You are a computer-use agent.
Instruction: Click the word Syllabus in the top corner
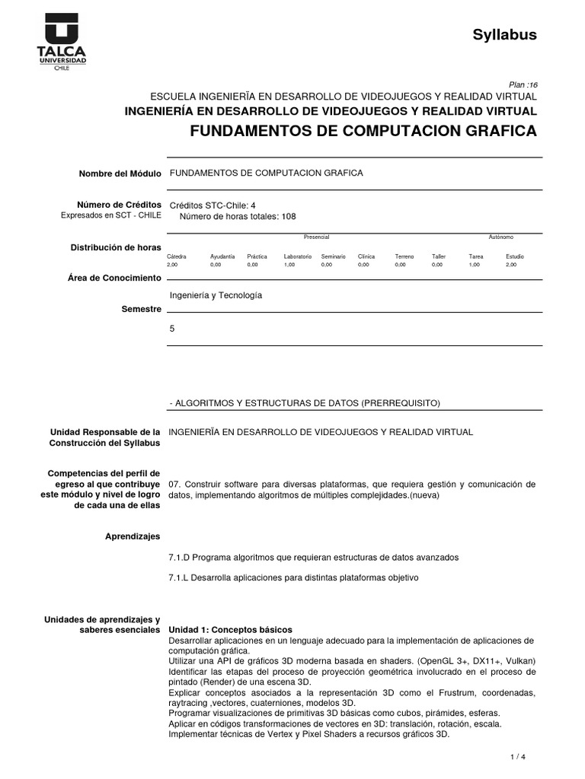click(x=505, y=34)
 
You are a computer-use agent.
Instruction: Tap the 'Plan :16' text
click(x=523, y=85)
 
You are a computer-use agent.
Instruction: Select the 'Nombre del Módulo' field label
click(x=120, y=174)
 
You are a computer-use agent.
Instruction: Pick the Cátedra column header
click(x=176, y=256)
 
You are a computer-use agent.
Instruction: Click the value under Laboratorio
click(x=289, y=265)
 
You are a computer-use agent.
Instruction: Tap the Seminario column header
click(x=333, y=256)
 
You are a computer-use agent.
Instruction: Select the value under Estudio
click(x=510, y=265)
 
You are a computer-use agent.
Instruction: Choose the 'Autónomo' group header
click(x=500, y=237)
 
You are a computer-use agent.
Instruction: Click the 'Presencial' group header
click(x=316, y=237)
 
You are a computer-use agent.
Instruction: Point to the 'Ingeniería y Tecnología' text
click(x=215, y=295)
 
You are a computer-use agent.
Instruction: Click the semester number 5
click(x=172, y=329)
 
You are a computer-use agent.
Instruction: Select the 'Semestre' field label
click(x=142, y=310)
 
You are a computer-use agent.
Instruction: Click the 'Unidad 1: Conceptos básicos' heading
click(x=229, y=630)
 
